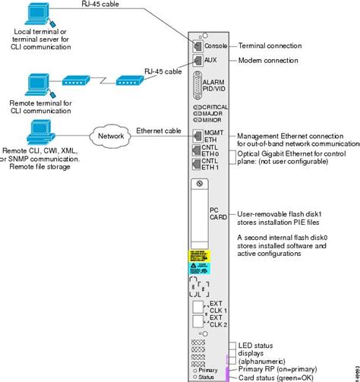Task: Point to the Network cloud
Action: (109, 137)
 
